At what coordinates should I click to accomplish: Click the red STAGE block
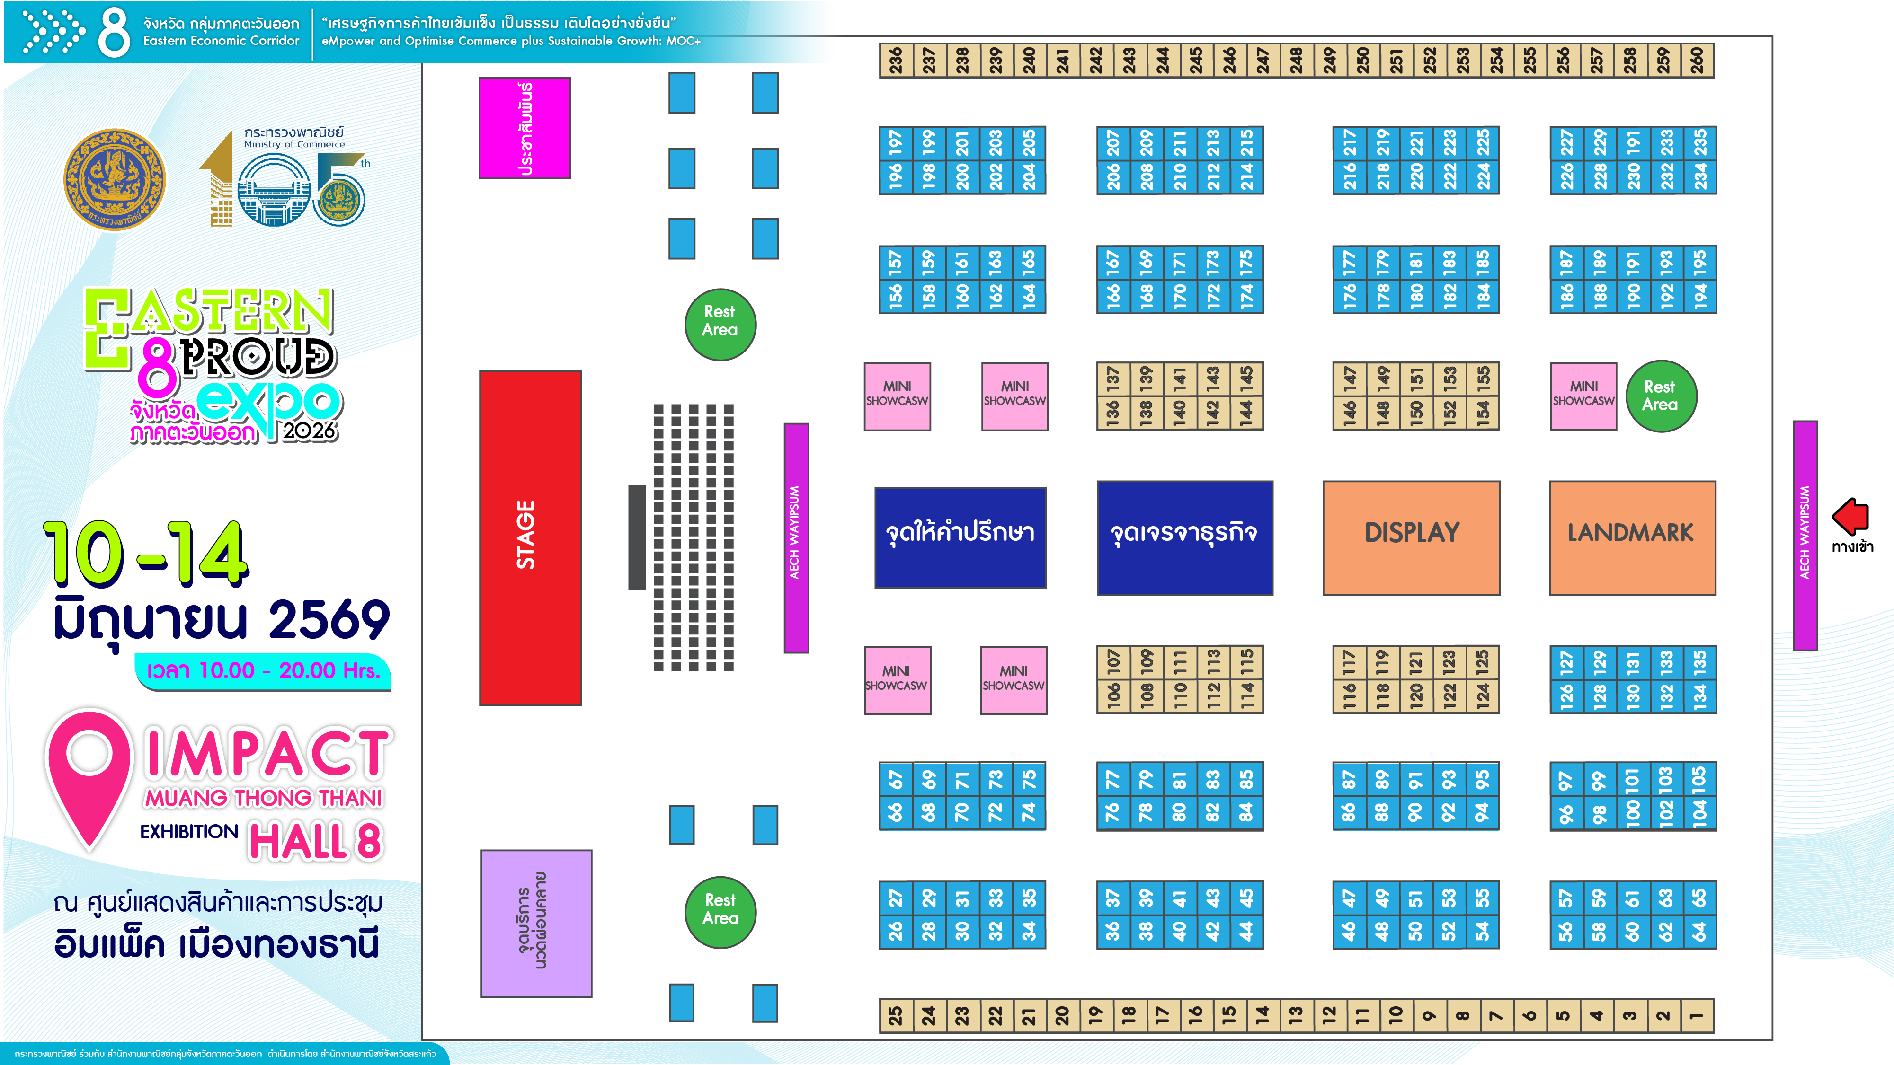click(530, 537)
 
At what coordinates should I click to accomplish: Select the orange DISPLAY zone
click(1411, 537)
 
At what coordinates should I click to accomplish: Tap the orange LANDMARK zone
click(1632, 537)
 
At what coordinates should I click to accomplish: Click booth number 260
click(1697, 60)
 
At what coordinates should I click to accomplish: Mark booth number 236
click(896, 60)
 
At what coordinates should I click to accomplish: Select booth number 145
click(1246, 379)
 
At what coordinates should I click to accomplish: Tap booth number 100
click(1633, 813)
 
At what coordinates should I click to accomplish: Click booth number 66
click(896, 813)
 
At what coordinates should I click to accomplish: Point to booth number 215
click(1247, 143)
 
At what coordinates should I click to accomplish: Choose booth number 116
click(1349, 695)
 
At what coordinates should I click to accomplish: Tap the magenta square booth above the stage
click(524, 128)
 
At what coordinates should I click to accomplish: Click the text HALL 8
click(316, 841)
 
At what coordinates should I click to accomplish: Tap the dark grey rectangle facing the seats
click(637, 537)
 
